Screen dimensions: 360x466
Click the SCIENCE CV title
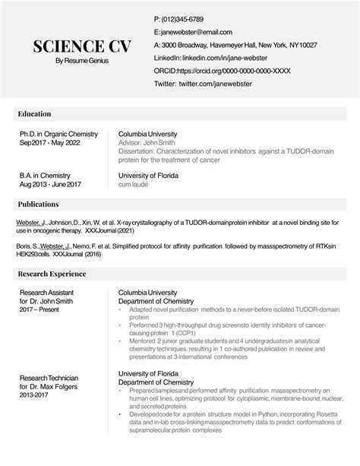tap(82, 46)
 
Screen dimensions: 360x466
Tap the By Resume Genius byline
tap(82, 61)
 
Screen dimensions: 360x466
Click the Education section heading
tap(36, 114)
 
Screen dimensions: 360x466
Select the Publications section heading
tap(39, 204)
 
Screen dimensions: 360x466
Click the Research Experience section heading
tap(53, 273)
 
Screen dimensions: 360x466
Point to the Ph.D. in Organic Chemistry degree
tap(59, 134)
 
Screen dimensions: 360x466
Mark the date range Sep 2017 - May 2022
tap(50, 143)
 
